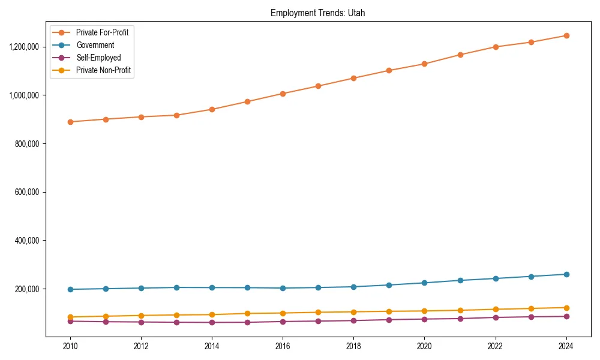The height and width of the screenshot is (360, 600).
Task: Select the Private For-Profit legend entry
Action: point(102,32)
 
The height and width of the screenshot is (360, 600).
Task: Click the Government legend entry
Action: point(95,45)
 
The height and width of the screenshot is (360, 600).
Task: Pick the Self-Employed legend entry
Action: point(98,58)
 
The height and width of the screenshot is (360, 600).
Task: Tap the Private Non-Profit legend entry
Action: point(103,70)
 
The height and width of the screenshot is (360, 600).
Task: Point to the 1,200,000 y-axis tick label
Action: point(24,47)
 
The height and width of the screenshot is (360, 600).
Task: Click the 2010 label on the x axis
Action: point(70,346)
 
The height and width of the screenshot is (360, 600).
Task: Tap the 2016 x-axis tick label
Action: point(283,346)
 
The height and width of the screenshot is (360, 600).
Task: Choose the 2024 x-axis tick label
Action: point(566,346)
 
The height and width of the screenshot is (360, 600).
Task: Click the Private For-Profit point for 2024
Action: point(566,35)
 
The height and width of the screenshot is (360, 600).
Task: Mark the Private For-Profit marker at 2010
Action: point(70,122)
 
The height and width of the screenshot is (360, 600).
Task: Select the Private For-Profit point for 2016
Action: point(283,94)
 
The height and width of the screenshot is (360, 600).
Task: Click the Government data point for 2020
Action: point(424,283)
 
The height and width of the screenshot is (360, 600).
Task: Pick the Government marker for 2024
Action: point(566,274)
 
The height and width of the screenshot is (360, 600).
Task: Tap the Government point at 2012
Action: point(141,288)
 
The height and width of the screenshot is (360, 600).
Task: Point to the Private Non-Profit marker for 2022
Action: point(495,310)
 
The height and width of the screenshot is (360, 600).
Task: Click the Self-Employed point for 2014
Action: point(212,322)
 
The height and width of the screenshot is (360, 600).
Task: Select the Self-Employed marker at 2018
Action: point(353,320)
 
